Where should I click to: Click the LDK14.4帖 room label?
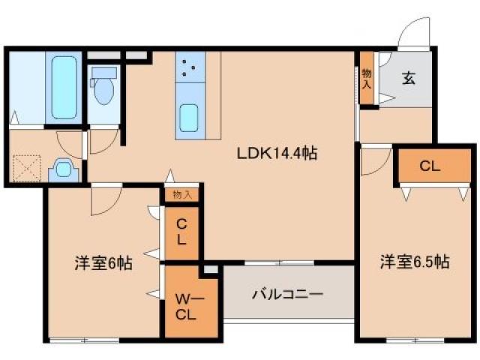point(277,154)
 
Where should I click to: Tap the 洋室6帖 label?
point(103,264)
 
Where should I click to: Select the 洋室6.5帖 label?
point(414,262)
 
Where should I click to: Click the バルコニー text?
point(287,293)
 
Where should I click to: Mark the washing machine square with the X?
point(25,169)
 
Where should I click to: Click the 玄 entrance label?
point(409,76)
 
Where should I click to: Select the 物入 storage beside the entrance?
point(366,78)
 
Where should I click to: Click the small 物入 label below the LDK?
point(182,194)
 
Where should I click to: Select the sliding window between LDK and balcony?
point(278,262)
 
